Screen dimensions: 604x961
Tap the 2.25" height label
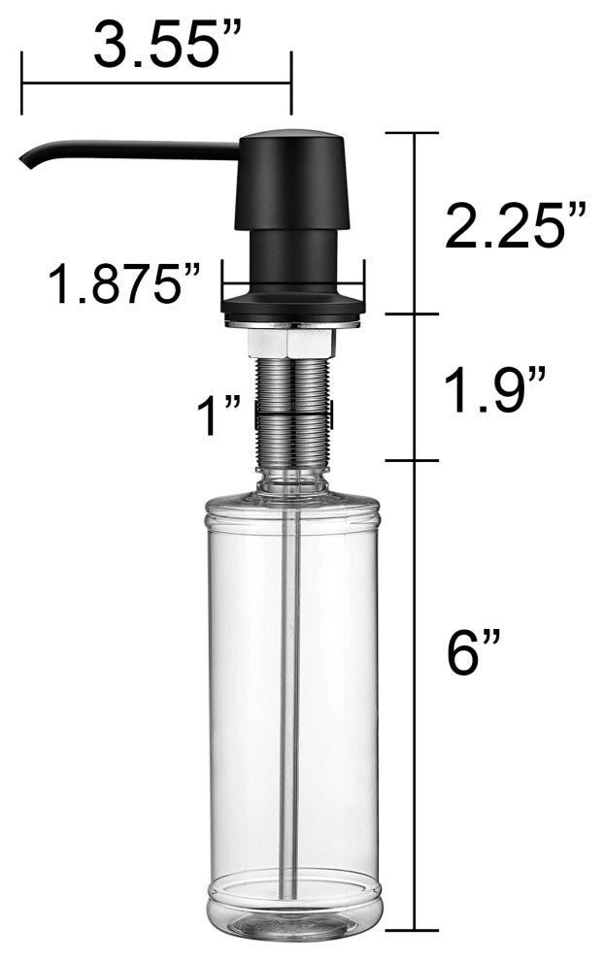516,225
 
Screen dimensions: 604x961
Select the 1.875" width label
124,283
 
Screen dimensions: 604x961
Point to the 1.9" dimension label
494,390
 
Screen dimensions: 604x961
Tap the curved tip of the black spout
27,160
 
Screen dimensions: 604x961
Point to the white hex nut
292,344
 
